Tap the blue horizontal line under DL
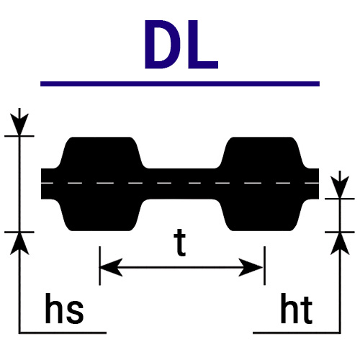coord(180,84)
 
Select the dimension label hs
coord(64,308)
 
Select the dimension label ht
coord(297,308)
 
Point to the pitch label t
coord(180,243)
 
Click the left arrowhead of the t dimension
coord(111,267)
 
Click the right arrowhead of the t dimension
coord(251,267)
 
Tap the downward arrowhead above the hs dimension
coord(19,125)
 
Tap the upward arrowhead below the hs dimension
coord(19,243)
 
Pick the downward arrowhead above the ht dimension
coord(340,187)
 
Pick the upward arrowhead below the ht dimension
coord(340,243)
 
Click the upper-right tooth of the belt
coord(261,153)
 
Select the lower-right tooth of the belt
coord(261,215)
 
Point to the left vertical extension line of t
coord(99,266)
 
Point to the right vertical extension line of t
coord(264,266)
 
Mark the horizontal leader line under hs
coord(63,333)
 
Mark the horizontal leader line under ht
coord(297,333)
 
